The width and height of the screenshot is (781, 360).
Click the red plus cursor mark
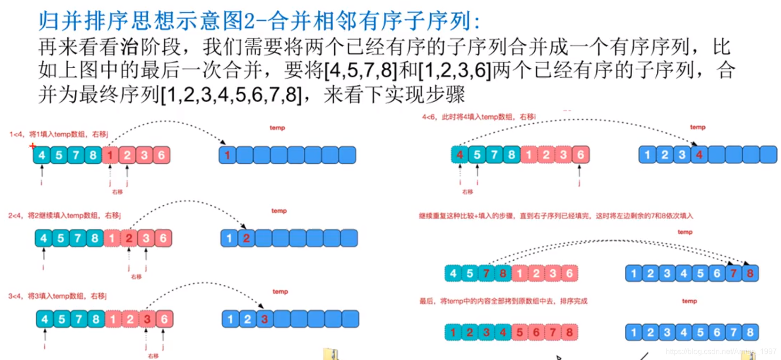pos(32,146)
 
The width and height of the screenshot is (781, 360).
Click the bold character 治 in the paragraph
pos(129,47)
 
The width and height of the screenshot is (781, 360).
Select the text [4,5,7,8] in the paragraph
pos(361,71)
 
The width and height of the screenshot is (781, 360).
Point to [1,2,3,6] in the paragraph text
pos(455,71)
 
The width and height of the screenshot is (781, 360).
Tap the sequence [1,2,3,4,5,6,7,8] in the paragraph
pos(231,95)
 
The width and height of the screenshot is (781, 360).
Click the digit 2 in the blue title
pos(249,21)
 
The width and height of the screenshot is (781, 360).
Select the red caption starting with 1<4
pos(59,134)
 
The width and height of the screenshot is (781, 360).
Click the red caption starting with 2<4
pos(64,216)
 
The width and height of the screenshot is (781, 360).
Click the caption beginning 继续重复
pos(556,216)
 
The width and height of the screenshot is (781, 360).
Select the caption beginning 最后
pos(503,301)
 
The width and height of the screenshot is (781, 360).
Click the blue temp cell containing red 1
pos(227,155)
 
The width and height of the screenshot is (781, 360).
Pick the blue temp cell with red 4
pos(699,155)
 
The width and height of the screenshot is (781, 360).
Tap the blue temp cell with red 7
pos(733,273)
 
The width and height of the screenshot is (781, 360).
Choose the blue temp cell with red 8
pos(750,273)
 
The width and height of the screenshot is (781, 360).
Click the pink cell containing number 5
pos(520,332)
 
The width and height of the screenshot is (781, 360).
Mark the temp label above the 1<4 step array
pos(277,128)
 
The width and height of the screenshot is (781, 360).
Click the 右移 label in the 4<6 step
pos(467,192)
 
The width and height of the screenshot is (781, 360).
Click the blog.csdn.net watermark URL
pos(721,352)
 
